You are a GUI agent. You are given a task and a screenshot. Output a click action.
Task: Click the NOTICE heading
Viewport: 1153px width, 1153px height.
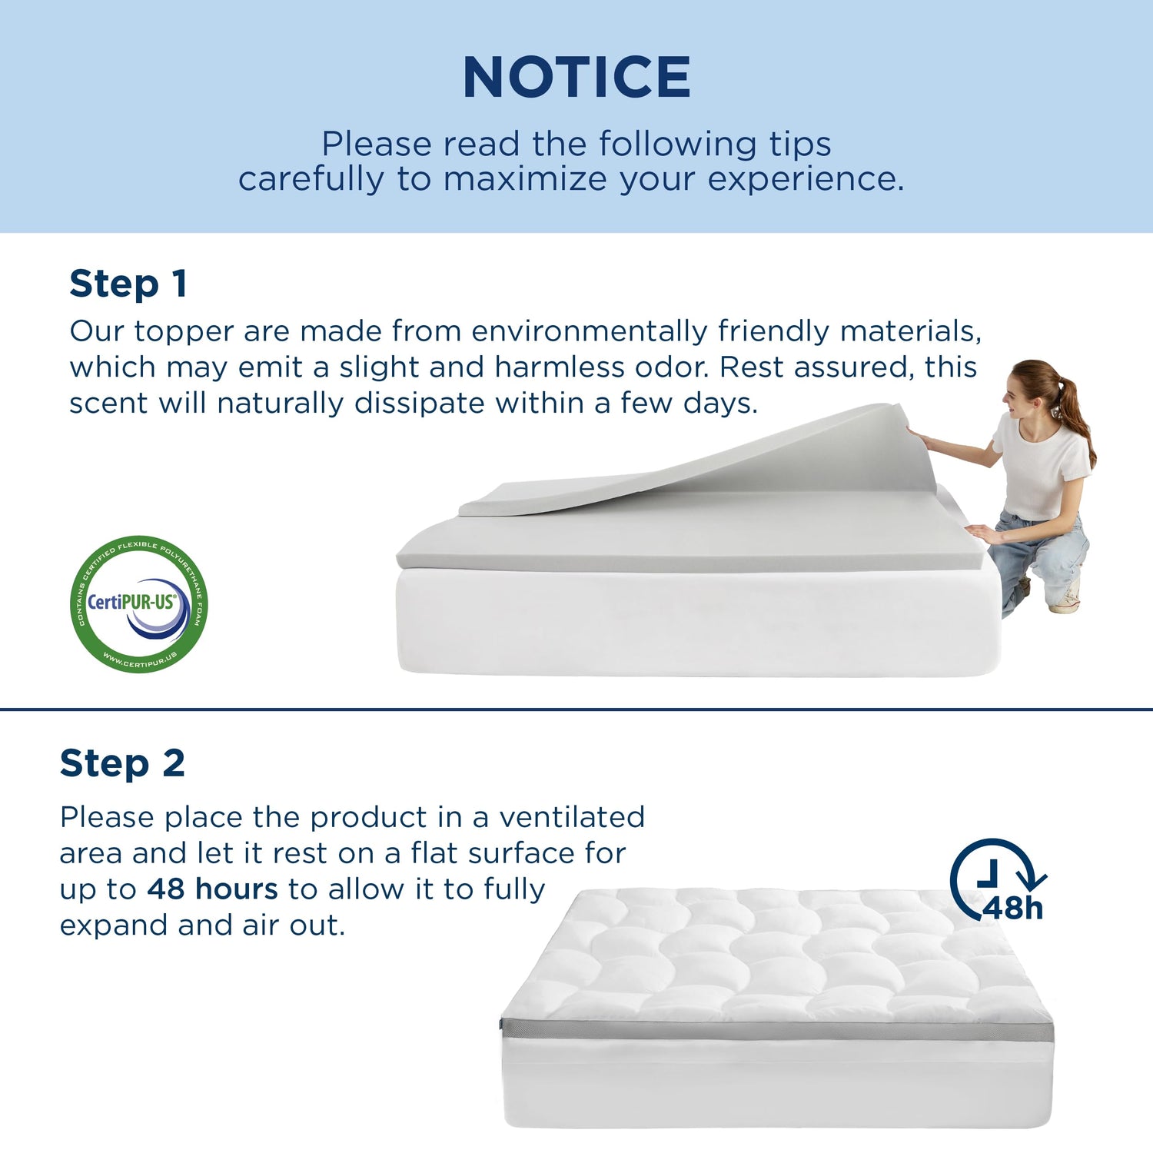click(576, 77)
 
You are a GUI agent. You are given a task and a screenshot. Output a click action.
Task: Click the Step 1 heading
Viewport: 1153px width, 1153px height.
click(128, 284)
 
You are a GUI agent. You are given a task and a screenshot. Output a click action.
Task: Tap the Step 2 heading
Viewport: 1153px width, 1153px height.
click(122, 763)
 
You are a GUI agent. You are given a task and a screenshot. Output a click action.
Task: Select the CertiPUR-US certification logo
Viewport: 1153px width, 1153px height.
click(139, 603)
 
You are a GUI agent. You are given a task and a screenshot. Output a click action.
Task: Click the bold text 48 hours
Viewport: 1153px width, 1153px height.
click(212, 889)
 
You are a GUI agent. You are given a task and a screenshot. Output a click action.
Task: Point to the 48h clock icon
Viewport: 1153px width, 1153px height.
click(998, 880)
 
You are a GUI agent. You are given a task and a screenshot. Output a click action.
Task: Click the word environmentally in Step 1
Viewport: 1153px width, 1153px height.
click(589, 331)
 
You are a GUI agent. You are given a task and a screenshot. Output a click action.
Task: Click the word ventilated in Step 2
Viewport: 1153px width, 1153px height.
click(572, 817)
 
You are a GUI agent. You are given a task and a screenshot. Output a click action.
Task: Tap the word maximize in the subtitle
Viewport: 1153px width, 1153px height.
click(525, 179)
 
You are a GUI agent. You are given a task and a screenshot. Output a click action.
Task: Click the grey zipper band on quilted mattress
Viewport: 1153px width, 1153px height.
click(776, 1031)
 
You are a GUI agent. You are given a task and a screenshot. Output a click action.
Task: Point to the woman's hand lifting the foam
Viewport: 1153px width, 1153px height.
click(918, 438)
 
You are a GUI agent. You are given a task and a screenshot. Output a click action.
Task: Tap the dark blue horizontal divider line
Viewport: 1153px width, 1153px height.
click(576, 709)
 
